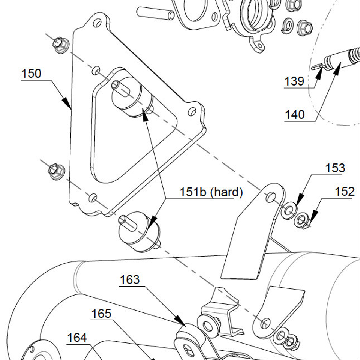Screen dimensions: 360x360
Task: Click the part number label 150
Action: point(31,73)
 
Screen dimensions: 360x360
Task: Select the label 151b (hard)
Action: point(211,193)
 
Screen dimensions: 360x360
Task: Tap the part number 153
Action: point(335,168)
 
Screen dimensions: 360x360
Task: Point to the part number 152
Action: point(344,192)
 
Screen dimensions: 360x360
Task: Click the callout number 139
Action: point(294,81)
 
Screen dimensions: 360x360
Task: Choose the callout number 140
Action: point(295,114)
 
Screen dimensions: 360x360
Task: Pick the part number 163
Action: point(130,280)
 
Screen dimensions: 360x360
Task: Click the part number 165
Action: point(101,313)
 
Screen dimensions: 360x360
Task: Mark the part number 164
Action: point(77,338)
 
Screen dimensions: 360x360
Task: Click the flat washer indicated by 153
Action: point(288,210)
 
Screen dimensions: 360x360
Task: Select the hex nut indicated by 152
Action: point(301,220)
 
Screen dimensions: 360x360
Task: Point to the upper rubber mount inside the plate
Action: point(131,97)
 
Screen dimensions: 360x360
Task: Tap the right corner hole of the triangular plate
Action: point(192,111)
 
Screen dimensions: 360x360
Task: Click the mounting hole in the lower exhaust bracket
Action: point(265,322)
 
